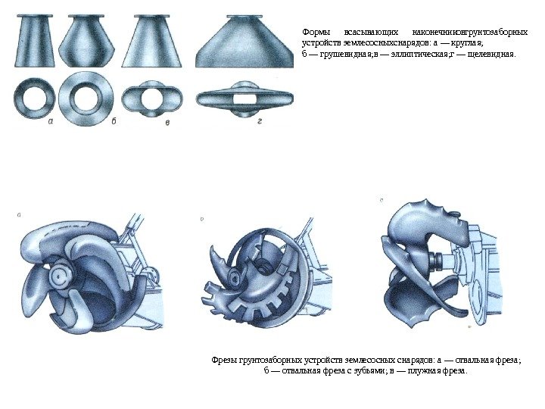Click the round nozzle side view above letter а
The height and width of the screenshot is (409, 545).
tap(34, 41)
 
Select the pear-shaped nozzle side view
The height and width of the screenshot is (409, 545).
tap(86, 41)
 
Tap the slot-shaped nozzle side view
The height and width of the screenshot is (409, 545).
tap(244, 42)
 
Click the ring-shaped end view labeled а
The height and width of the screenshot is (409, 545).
tap(34, 98)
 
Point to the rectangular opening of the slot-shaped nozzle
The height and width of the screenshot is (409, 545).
tap(244, 99)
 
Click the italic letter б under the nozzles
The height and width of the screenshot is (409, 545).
tap(114, 122)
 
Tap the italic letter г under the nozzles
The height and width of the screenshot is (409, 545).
tap(260, 122)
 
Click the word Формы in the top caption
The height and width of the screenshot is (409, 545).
tap(315, 33)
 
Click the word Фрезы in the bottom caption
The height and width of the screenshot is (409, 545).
tap(225, 361)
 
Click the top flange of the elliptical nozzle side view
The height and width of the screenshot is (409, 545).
tap(151, 16)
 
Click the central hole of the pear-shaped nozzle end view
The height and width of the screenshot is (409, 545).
tap(86, 98)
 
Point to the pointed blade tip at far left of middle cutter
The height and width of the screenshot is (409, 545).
tap(211, 248)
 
